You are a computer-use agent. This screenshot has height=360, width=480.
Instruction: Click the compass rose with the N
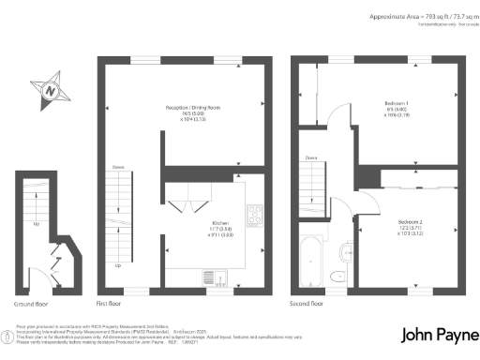[52, 92]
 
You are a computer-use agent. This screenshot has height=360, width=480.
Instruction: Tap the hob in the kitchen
[253, 215]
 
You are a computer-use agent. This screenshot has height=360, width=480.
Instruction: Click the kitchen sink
[212, 276]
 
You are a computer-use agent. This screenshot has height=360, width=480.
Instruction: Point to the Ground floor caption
[31, 305]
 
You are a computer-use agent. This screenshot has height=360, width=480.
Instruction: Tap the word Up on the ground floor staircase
[37, 224]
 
